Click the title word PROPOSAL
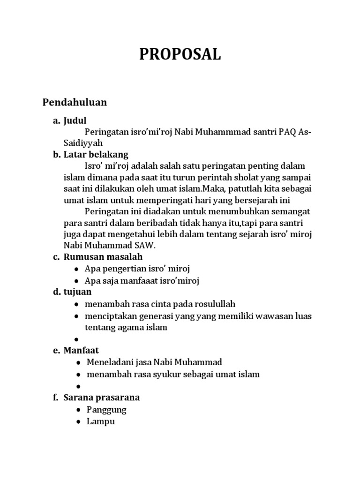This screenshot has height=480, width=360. pos(180,55)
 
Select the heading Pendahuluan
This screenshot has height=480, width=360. pos(75,102)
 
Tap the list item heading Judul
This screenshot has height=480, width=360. pos(75,120)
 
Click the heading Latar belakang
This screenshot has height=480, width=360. pos(96,155)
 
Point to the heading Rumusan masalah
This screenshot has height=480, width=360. pos(103,257)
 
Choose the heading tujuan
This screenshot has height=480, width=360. pos(77,292)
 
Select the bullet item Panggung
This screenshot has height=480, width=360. pos(106,409)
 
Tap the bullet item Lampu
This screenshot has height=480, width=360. pos(101,421)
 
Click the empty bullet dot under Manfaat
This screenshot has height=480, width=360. pos(76,386)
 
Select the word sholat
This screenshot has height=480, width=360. pos(228,178)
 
